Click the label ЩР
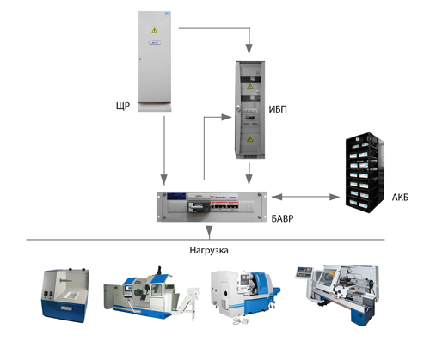(x=123, y=107)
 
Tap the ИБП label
(x=278, y=109)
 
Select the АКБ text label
(x=400, y=198)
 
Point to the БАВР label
(x=282, y=218)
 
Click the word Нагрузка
(x=209, y=250)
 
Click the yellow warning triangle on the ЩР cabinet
(x=155, y=30)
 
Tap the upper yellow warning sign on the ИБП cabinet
(x=250, y=87)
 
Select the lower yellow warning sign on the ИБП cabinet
(x=250, y=139)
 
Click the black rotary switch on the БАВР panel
(x=195, y=206)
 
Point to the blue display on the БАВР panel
(x=176, y=196)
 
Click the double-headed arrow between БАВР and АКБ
(x=305, y=197)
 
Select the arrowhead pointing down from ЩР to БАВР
(x=164, y=180)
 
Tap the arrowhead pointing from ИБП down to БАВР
(x=249, y=179)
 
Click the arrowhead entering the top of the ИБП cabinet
(x=249, y=49)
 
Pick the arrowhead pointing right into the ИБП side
(x=226, y=117)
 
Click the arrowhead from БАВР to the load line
(x=210, y=231)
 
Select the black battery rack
(x=365, y=173)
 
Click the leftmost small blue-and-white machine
(x=65, y=295)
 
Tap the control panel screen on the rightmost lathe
(x=304, y=271)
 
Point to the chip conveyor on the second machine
(x=187, y=301)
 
